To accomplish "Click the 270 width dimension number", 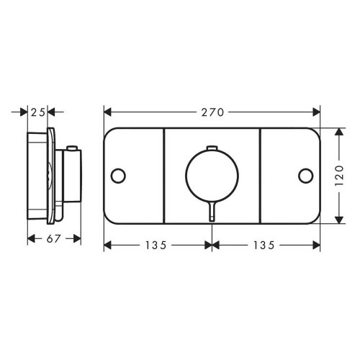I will click(x=213, y=112).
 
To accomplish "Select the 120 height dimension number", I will click(x=340, y=175).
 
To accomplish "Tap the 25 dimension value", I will click(x=40, y=112).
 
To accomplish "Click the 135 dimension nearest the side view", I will click(x=154, y=245).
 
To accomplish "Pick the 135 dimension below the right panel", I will click(x=264, y=245).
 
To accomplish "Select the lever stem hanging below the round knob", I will click(x=212, y=212).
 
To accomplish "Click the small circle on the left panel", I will click(x=118, y=175).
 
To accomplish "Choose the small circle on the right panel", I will click(x=307, y=175).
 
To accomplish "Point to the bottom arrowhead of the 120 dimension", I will click(x=339, y=217).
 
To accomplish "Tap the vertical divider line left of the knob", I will click(x=165, y=175).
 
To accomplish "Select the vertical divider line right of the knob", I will click(x=260, y=175).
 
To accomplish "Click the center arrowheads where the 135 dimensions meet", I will click(x=212, y=245).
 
